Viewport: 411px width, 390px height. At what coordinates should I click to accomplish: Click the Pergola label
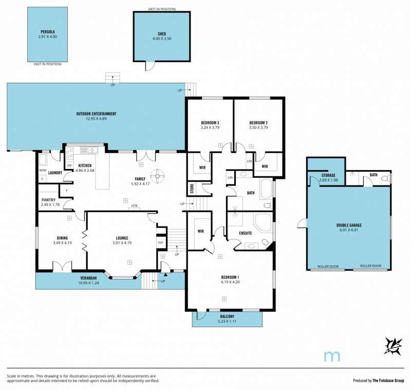click(x=47, y=32)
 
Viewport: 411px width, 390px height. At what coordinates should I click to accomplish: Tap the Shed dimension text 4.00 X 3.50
click(x=162, y=39)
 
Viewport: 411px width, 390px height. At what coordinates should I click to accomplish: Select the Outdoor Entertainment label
click(x=96, y=114)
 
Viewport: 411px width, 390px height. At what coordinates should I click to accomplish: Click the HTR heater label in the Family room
click(x=134, y=206)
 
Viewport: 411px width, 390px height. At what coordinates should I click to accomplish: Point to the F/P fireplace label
click(x=160, y=243)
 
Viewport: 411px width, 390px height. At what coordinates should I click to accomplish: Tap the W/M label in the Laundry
click(x=42, y=171)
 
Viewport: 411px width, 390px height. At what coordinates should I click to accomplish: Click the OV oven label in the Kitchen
click(x=69, y=165)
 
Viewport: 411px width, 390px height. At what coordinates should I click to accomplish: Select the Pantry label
click(x=48, y=200)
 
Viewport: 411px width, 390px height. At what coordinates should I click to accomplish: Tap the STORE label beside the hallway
click(x=192, y=188)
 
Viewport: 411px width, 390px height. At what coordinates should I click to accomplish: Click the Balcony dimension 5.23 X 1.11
click(x=227, y=321)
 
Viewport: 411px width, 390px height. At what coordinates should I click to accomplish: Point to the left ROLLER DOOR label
click(x=328, y=266)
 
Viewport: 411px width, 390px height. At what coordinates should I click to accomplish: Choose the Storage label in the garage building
click(x=328, y=175)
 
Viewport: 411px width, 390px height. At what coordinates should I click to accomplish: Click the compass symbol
click(x=393, y=346)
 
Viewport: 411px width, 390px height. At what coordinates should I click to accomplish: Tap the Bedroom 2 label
click(x=258, y=123)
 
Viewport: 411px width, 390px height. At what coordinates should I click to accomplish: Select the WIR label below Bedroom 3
click(x=202, y=168)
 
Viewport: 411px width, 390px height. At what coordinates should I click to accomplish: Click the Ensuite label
click(x=246, y=233)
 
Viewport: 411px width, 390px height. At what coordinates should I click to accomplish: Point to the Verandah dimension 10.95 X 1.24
click(x=88, y=283)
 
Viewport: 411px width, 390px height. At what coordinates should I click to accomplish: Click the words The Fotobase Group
click(x=388, y=381)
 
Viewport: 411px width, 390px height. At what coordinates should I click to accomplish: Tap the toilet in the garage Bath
click(x=386, y=179)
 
